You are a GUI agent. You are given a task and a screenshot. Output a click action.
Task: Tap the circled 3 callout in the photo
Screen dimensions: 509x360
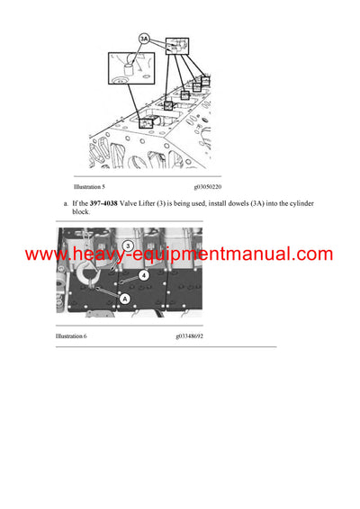(x=129, y=245)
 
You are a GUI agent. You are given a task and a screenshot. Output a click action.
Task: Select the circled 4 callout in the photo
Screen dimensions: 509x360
(x=144, y=275)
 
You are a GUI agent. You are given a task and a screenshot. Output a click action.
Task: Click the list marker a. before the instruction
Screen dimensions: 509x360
(x=66, y=204)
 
